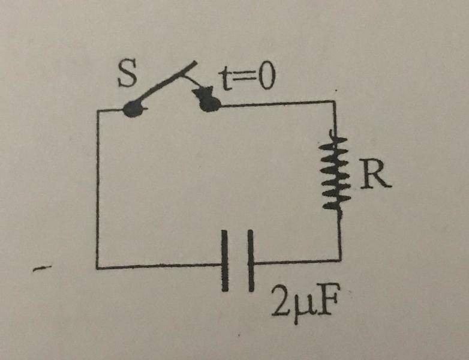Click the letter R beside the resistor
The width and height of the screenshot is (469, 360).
[376, 175]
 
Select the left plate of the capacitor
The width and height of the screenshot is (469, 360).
[226, 260]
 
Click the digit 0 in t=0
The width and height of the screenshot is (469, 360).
[264, 79]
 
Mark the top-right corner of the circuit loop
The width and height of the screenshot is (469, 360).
[335, 102]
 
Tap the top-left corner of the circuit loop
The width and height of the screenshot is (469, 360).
[98, 110]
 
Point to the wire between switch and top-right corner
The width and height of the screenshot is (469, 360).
[276, 103]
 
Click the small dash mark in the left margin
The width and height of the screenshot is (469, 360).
[41, 271]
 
